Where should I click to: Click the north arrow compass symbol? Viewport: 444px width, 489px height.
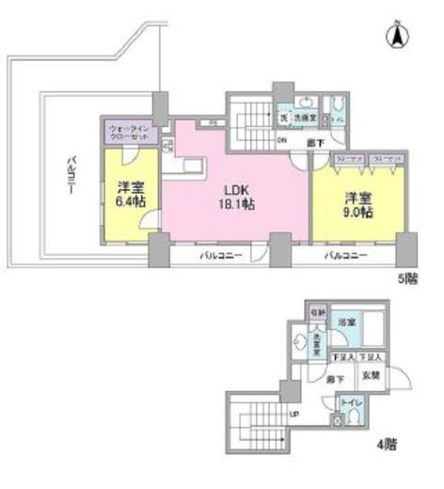point(396,38)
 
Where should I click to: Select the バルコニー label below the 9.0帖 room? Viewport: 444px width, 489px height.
point(345,255)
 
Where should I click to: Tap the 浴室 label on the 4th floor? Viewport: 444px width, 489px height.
point(346,323)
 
